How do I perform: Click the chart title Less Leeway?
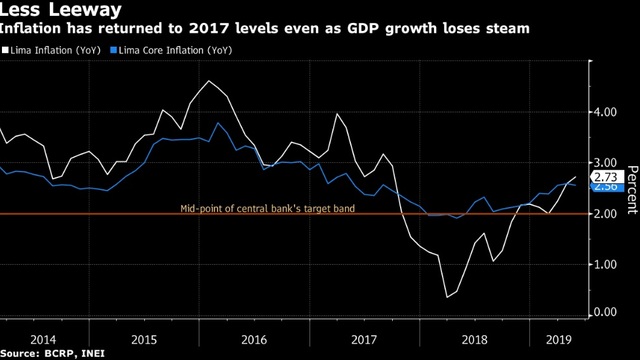pos(60,9)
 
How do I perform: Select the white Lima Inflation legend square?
pos(5,50)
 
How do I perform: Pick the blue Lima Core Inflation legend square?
pos(113,50)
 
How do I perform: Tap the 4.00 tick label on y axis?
pos(605,112)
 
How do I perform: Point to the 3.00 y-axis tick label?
pos(605,162)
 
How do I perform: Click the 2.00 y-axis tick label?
pos(605,213)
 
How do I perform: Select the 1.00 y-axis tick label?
pos(605,264)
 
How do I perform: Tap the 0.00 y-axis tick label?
pos(605,312)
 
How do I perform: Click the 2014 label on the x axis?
pos(43,340)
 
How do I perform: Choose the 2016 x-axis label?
pos(254,340)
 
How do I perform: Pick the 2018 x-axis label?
pos(474,340)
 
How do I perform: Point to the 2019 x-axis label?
pos(559,340)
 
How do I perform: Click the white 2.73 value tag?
pos(607,177)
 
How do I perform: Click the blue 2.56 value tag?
pos(607,187)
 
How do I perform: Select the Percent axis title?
pos(632,189)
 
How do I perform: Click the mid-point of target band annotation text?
pos(268,209)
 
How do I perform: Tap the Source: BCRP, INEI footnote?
pos(52,353)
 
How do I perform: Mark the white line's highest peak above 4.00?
pos(209,80)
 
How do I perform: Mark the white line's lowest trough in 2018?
pos(447,297)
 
